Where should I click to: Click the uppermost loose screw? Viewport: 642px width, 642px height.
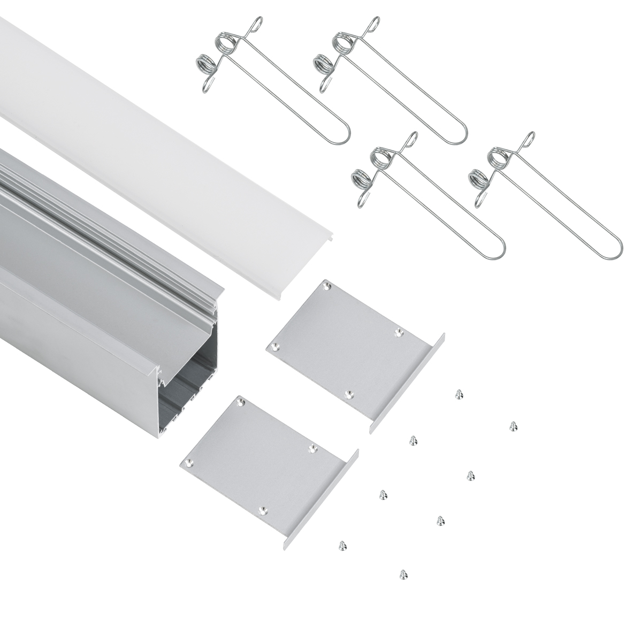click(x=458, y=394)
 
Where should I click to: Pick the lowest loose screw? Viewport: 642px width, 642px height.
click(x=402, y=575)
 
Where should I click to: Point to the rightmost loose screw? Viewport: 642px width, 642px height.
click(x=513, y=426)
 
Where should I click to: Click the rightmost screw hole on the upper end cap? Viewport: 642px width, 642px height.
click(x=398, y=333)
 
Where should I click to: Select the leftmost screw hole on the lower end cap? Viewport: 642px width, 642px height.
click(x=187, y=462)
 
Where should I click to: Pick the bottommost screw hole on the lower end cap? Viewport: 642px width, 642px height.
click(x=262, y=510)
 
